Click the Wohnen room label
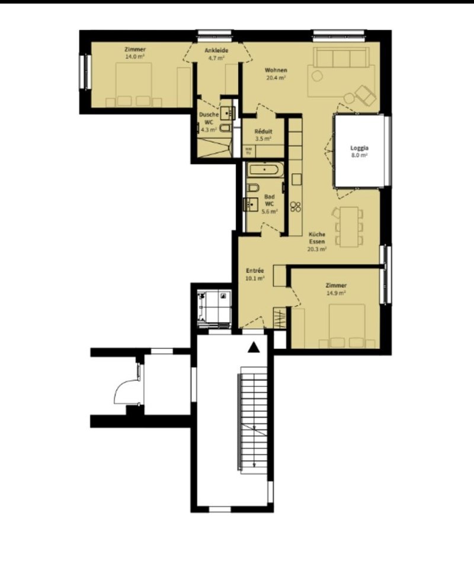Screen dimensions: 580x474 pos(276,71)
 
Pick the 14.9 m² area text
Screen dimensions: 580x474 pos(335,293)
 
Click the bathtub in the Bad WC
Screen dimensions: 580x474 pos(265,171)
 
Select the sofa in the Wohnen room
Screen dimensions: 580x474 pos(340,59)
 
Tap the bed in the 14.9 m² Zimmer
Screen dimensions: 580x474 pos(347,326)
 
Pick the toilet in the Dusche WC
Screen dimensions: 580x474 pos(226,129)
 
